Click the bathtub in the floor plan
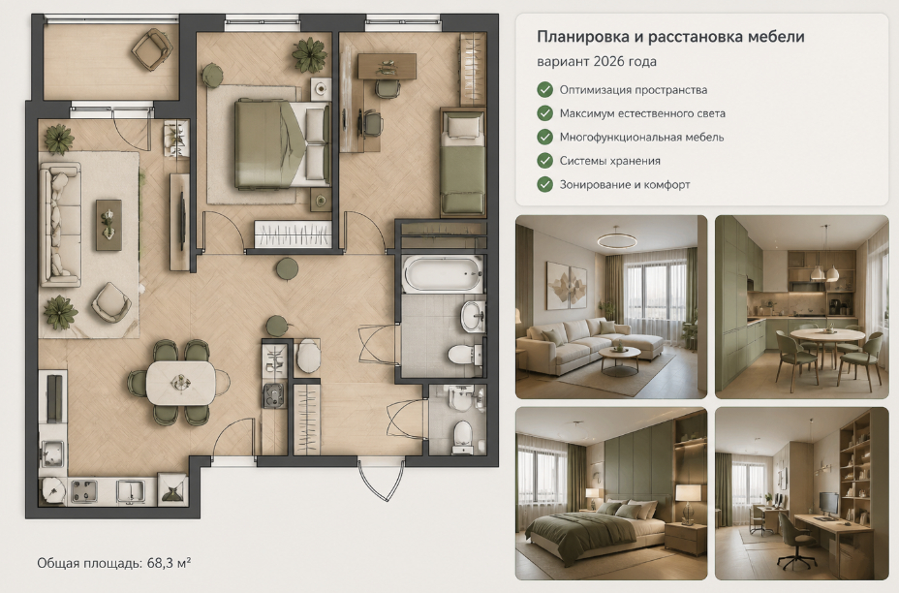[443, 273]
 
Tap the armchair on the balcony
[152, 49]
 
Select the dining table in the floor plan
[180, 383]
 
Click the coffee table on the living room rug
[108, 225]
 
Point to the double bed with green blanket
[282, 144]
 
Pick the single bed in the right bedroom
[463, 163]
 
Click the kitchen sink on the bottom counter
[131, 491]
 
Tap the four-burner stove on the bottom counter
[83, 491]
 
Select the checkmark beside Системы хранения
[544, 161]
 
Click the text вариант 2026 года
[597, 61]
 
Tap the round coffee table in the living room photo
[619, 359]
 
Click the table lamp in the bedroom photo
[688, 500]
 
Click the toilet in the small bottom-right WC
[463, 437]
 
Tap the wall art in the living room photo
[567, 286]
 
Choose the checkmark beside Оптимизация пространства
[544, 89]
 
